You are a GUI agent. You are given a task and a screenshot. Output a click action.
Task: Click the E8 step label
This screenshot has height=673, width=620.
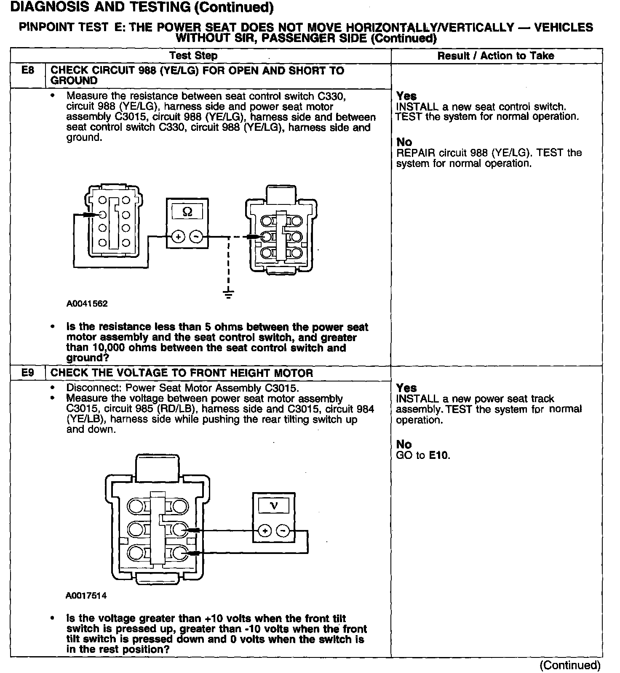(28, 71)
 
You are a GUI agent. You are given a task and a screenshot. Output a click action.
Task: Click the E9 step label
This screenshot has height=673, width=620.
(28, 373)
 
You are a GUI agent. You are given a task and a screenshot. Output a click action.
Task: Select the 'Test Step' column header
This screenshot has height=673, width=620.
(193, 56)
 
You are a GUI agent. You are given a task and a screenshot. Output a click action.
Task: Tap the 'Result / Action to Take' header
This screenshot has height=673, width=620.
(496, 56)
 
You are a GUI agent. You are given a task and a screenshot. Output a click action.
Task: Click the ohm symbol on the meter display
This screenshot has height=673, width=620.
(188, 212)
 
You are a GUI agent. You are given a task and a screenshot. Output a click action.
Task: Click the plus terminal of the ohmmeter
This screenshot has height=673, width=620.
(178, 237)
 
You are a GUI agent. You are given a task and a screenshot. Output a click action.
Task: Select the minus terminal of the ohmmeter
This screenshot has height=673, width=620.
(196, 237)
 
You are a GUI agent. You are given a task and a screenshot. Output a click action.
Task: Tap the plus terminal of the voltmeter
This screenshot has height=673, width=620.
(265, 531)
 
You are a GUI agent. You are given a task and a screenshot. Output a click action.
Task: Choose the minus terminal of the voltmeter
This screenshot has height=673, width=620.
(283, 531)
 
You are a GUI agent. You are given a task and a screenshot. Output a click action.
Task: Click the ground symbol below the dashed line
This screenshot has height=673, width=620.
(228, 294)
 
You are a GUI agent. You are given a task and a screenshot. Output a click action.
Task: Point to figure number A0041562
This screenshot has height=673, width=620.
(87, 304)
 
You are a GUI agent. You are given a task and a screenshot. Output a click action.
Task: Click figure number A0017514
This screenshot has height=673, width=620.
(86, 596)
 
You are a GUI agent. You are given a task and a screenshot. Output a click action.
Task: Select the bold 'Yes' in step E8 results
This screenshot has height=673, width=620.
(406, 96)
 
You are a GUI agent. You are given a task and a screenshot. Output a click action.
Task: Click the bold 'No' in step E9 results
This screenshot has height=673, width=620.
(404, 445)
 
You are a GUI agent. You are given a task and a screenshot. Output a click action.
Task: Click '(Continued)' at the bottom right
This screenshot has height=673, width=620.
(570, 665)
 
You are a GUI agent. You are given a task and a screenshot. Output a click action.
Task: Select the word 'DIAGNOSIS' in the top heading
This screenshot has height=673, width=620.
(47, 7)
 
